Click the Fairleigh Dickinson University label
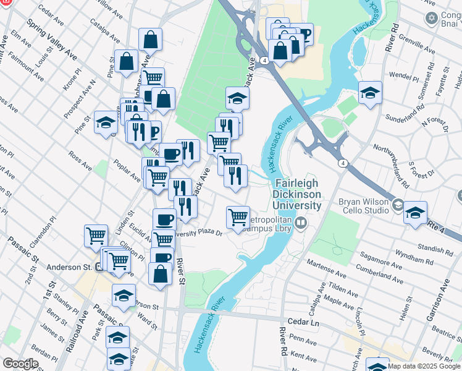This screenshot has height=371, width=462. pos(298,194)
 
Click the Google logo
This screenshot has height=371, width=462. pos(20,364)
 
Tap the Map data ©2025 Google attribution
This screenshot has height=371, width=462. pos(424,366)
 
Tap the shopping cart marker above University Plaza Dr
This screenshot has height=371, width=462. pos(238,218)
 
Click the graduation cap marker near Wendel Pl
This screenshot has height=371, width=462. pos(370,93)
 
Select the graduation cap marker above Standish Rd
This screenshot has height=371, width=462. pos(415,212)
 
